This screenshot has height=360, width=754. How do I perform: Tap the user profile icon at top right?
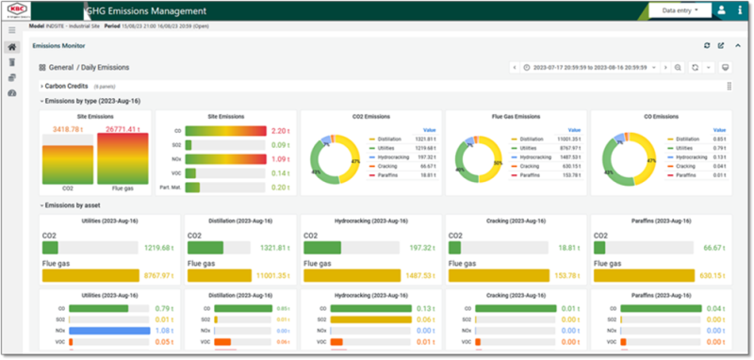(721, 10)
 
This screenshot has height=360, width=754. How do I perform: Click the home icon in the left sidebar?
(11, 46)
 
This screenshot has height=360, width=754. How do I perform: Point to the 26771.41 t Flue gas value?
(123, 129)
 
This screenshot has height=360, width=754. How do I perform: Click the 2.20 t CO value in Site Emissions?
(280, 131)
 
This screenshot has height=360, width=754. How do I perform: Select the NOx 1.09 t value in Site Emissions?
(280, 159)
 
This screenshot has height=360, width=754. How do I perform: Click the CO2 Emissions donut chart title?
(369, 117)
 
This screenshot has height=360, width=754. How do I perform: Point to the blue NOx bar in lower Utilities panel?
(95, 331)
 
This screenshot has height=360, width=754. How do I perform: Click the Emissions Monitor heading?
(59, 45)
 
